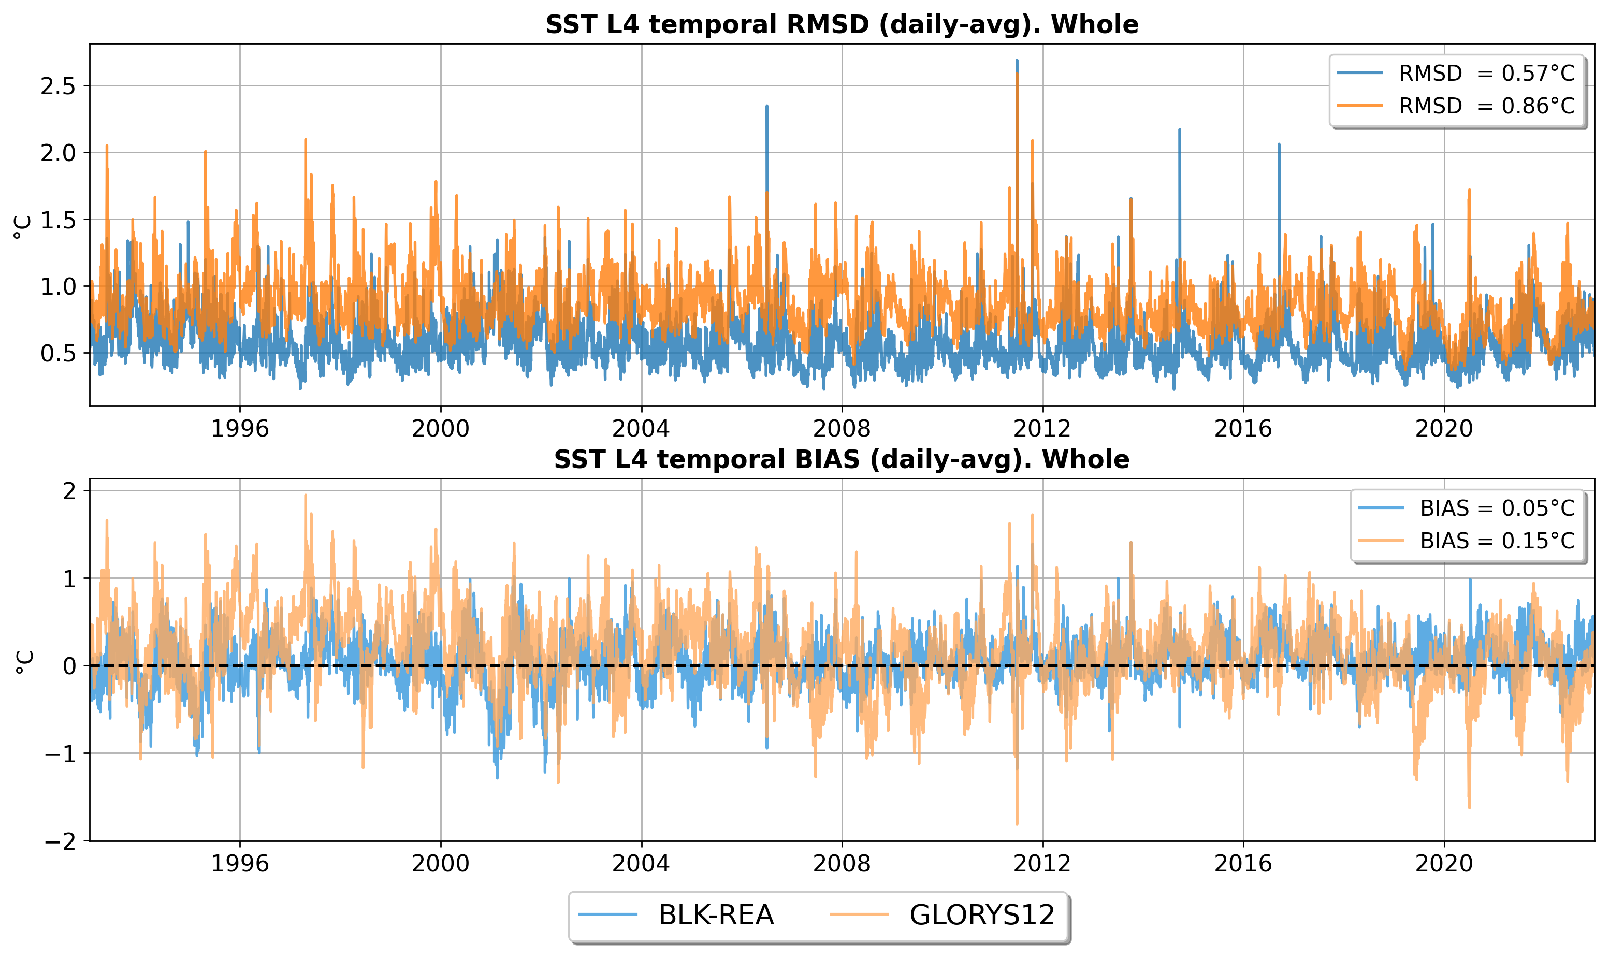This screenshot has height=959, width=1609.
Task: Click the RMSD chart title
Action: (842, 24)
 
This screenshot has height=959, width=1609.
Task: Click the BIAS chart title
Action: (842, 459)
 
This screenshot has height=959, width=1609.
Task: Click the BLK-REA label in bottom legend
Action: (716, 915)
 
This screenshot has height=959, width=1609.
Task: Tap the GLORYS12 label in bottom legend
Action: (981, 915)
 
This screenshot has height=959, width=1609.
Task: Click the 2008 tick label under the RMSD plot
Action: (842, 428)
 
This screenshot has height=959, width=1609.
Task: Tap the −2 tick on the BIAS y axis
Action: (62, 841)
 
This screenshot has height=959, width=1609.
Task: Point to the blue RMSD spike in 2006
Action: (766, 107)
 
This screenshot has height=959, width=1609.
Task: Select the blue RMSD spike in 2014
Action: (1179, 130)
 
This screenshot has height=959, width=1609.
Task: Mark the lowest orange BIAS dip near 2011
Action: (1017, 823)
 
